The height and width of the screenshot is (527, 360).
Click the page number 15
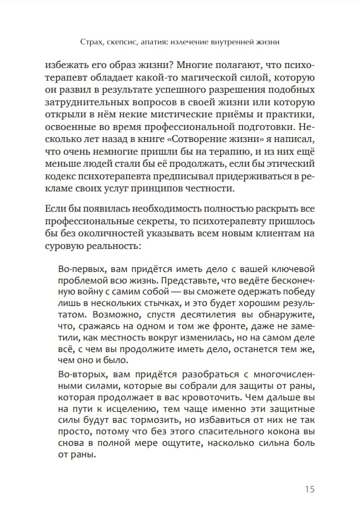click(309, 489)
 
